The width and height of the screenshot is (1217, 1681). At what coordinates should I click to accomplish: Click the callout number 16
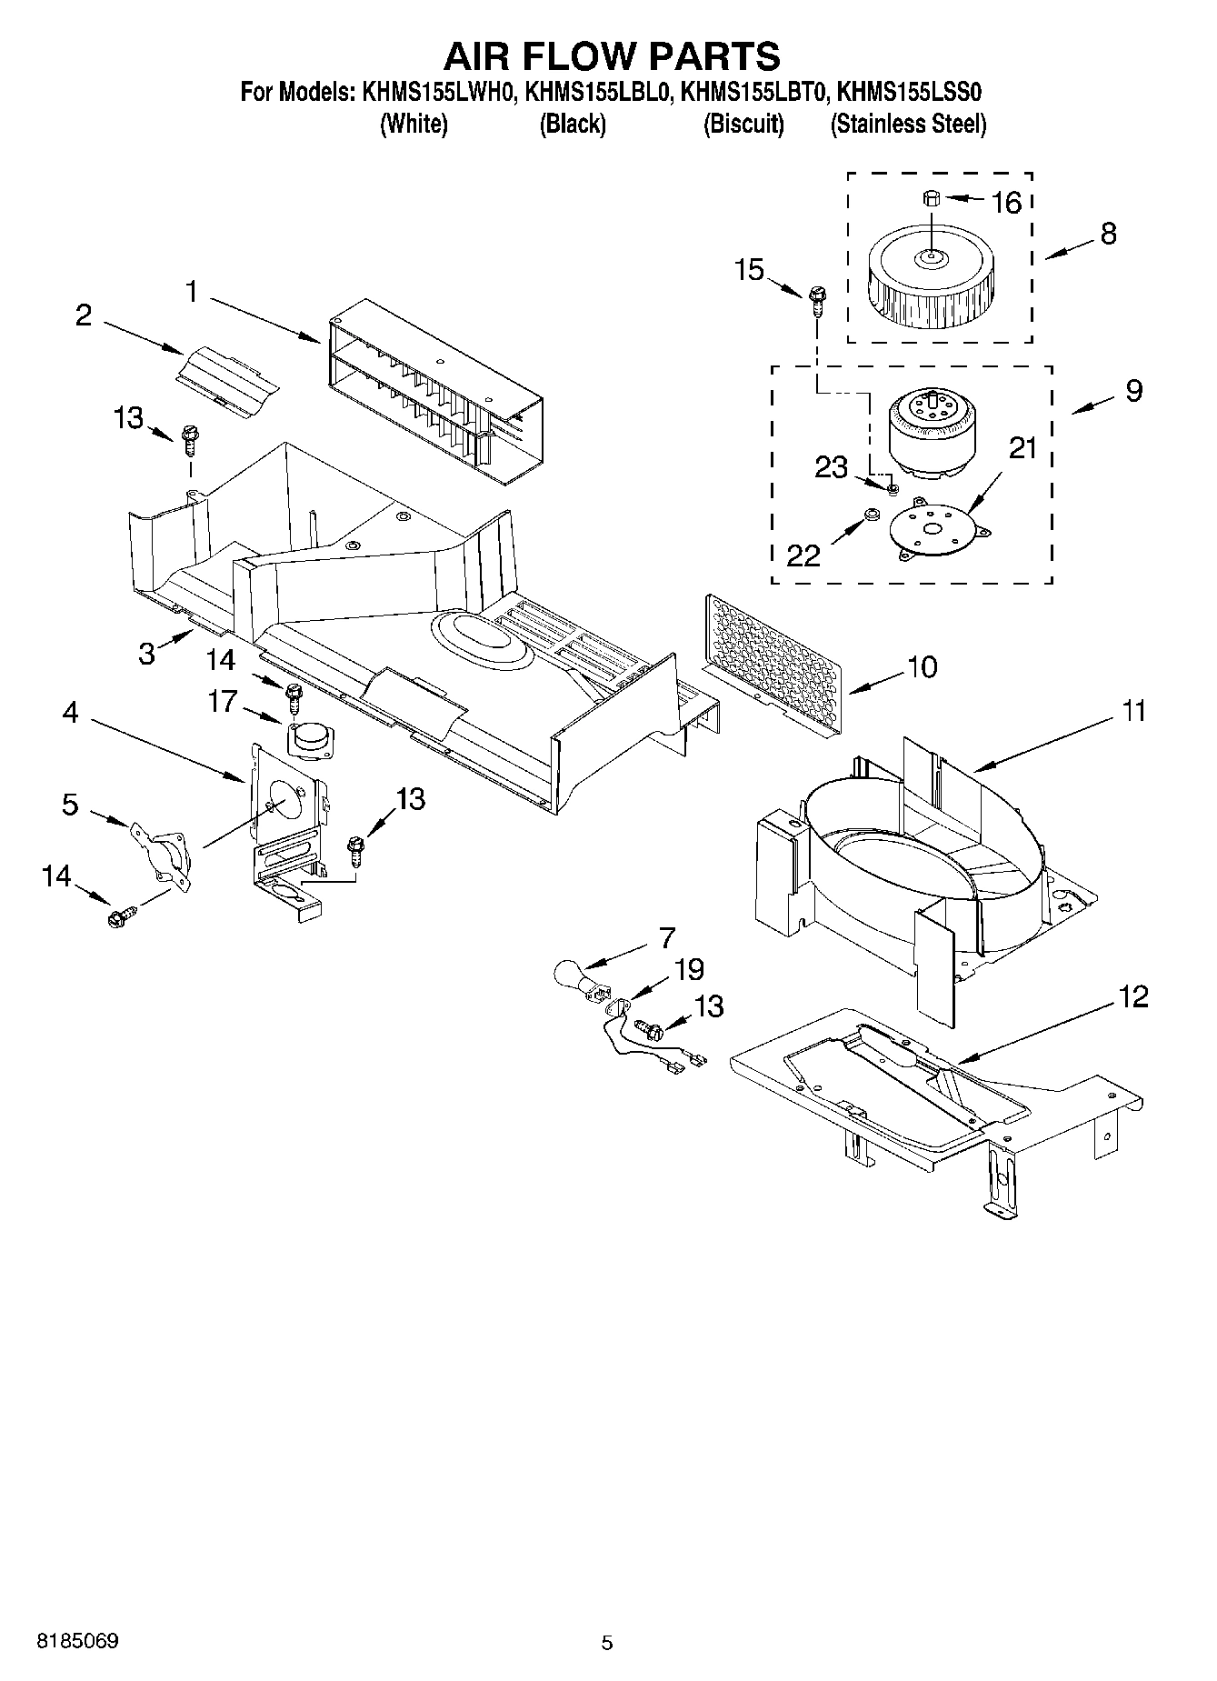point(1006,202)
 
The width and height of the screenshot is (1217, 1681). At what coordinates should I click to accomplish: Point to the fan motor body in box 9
point(924,435)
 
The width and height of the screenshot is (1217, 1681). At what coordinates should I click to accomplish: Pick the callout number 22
point(803,555)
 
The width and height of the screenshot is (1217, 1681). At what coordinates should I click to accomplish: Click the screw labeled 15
point(817,298)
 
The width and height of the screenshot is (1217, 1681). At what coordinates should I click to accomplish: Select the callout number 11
point(1132,710)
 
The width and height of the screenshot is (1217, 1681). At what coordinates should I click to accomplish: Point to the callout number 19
point(689,969)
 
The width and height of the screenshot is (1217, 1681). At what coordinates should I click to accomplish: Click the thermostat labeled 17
point(309,737)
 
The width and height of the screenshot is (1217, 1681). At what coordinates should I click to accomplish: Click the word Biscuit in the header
point(743,124)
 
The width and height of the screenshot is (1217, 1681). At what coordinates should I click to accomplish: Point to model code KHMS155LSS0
point(908,92)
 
